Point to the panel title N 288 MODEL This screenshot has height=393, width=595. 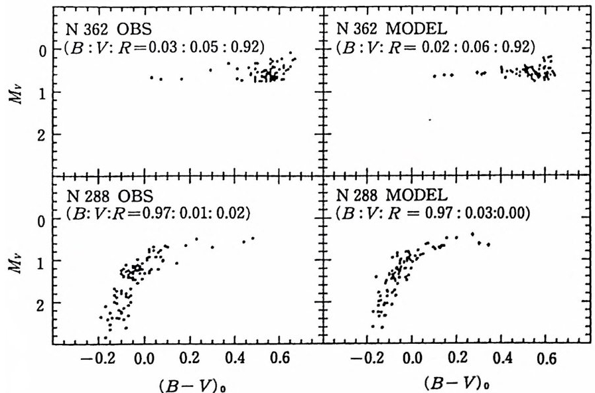point(385,198)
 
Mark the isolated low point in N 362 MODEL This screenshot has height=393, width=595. point(430,119)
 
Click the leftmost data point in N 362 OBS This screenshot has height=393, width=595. point(151,78)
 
